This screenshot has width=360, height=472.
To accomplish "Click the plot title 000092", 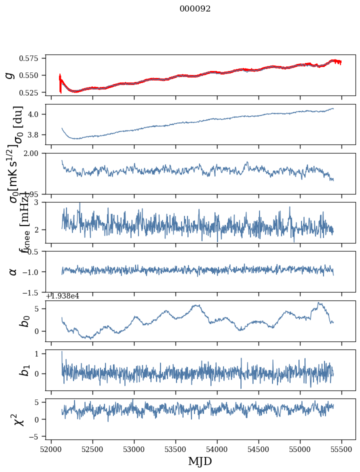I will click(195, 9).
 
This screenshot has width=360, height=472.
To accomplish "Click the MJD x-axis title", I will click(200, 461).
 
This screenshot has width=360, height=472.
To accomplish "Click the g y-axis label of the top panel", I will click(9, 75).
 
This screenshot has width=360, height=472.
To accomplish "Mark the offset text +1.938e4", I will click(62, 296).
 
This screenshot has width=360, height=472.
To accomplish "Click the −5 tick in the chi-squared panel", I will click(36, 437).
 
